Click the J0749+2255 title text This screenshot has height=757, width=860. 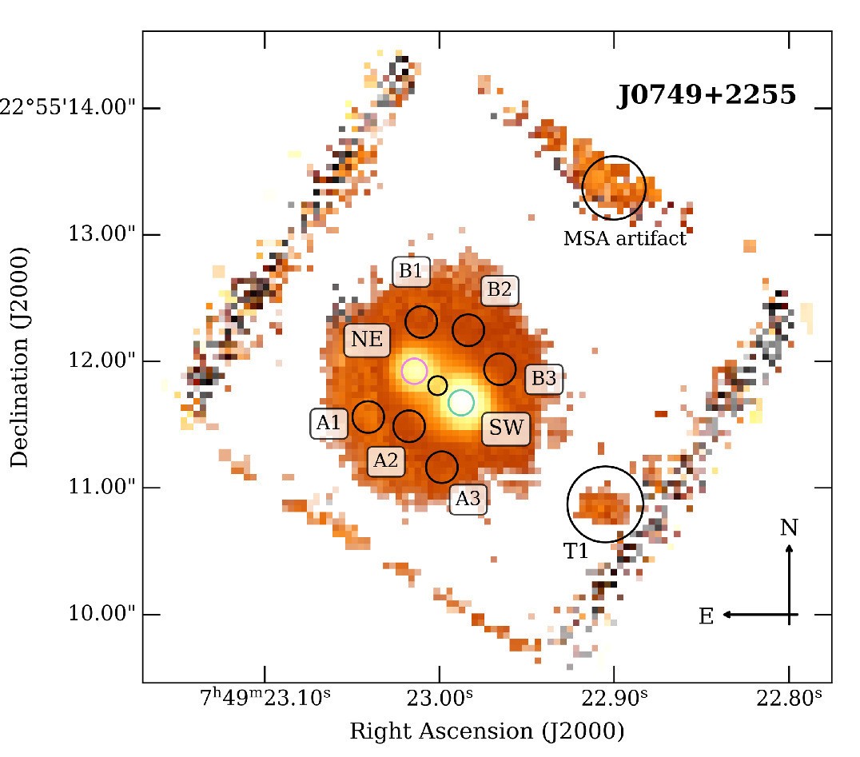click(706, 96)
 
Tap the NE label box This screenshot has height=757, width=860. click(367, 341)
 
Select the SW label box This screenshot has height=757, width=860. click(507, 429)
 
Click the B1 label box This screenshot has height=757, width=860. click(410, 271)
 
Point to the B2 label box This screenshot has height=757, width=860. click(499, 289)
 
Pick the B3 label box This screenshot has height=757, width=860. click(543, 379)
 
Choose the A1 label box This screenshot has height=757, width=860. click(328, 424)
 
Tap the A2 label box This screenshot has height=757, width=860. click(386, 460)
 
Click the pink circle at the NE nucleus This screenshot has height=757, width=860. click(414, 371)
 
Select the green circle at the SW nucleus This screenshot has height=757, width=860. click(461, 402)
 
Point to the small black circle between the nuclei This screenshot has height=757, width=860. click(437, 385)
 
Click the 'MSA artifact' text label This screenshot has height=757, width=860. click(625, 238)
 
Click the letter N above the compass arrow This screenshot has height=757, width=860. click(789, 528)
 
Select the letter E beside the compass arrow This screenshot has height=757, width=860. click(707, 616)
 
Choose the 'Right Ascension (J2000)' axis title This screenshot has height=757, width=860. click(487, 731)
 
